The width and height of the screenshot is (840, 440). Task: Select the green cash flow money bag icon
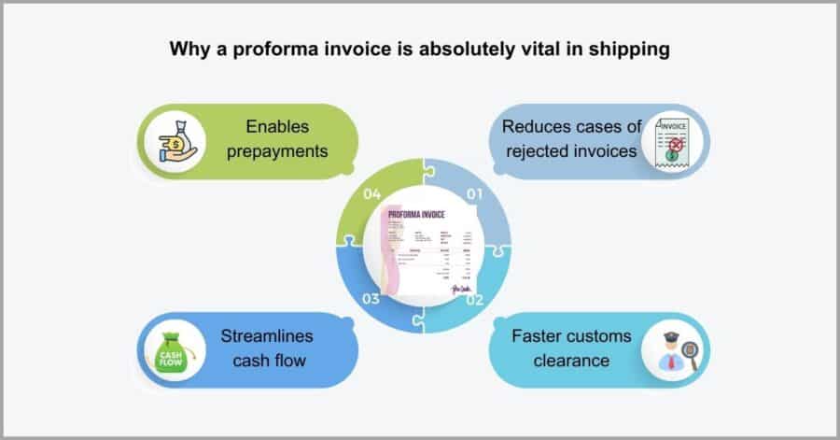tap(175, 350)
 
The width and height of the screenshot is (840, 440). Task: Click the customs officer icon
tap(673, 351)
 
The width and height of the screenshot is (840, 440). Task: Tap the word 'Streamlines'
tap(266, 335)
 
